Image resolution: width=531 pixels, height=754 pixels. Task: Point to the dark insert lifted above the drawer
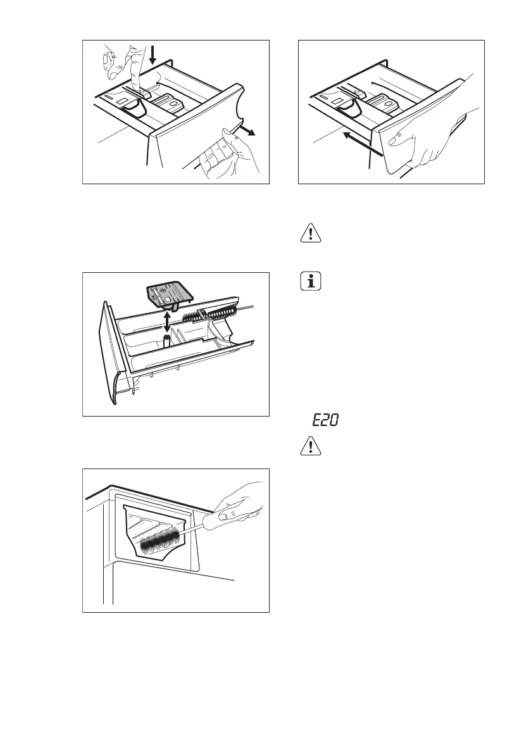pyautogui.click(x=169, y=295)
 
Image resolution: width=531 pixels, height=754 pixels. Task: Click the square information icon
pyautogui.click(x=310, y=282)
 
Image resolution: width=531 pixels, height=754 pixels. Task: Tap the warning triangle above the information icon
pyautogui.click(x=310, y=234)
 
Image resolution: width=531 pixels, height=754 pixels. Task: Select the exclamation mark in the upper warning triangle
pyautogui.click(x=310, y=234)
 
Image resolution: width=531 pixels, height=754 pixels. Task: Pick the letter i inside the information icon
pyautogui.click(x=310, y=282)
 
